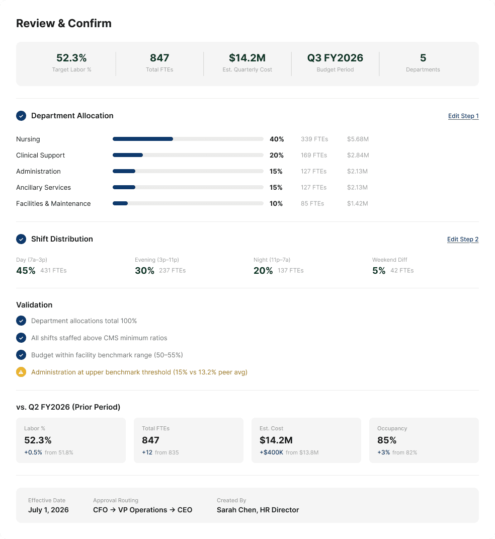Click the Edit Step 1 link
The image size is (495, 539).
click(x=463, y=116)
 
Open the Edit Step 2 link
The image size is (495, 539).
click(x=462, y=240)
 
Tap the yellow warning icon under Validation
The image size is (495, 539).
click(x=21, y=372)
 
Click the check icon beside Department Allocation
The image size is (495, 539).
click(x=21, y=116)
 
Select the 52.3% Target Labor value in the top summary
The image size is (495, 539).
click(x=71, y=58)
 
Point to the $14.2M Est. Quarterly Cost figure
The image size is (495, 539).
click(x=247, y=58)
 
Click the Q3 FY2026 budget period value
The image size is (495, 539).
click(x=335, y=58)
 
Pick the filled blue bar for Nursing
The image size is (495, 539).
click(x=143, y=139)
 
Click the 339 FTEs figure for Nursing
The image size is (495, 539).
click(x=314, y=139)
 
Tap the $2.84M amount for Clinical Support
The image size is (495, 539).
click(x=358, y=156)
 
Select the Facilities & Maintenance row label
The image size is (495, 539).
click(x=53, y=204)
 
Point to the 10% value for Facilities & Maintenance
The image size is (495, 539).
click(x=276, y=204)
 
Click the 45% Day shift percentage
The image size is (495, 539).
click(x=26, y=271)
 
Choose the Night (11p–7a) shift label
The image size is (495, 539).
click(x=272, y=260)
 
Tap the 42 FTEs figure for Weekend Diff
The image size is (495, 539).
click(x=402, y=271)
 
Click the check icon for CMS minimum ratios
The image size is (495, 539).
click(x=21, y=338)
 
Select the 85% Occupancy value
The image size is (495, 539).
click(x=387, y=440)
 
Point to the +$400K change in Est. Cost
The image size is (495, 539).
click(x=271, y=452)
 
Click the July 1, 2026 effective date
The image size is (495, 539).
click(x=48, y=510)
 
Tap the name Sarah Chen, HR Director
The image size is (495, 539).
click(x=258, y=510)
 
